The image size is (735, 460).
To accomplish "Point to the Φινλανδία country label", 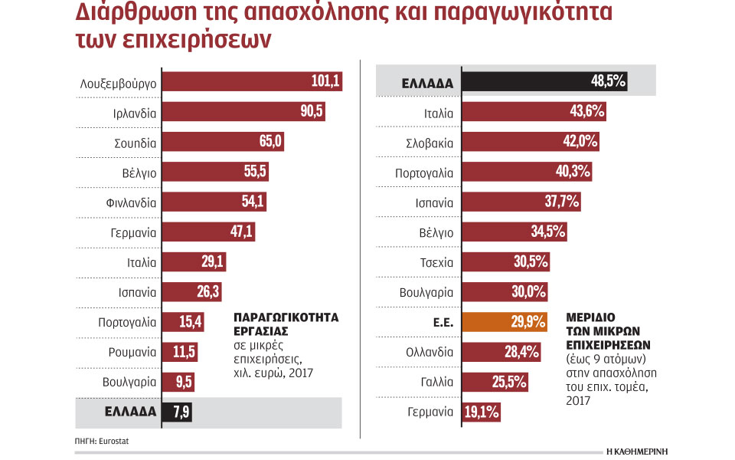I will click(132, 203).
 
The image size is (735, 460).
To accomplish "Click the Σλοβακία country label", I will click(430, 143).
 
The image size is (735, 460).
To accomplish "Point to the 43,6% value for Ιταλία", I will click(586, 112).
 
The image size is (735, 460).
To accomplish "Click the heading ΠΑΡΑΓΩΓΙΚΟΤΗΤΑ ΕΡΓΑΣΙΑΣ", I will click(286, 324).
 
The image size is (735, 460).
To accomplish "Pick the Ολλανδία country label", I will click(430, 353).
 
